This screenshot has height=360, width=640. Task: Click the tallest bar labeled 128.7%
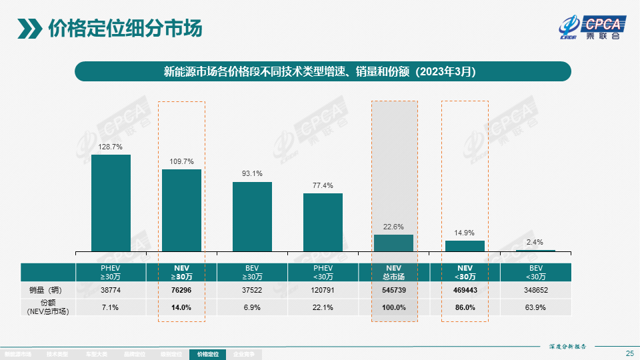111,203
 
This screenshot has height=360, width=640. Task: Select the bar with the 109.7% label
181,210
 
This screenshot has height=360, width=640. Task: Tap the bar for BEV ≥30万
252,217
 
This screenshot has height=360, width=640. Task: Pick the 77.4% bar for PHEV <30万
323,222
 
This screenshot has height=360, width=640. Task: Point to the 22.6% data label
393,227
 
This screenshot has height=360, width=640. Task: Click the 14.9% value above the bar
465,233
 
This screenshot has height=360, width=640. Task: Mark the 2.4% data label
535,242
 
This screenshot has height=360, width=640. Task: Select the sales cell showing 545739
394,290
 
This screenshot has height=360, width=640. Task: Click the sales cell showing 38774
111,290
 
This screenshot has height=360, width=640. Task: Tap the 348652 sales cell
535,290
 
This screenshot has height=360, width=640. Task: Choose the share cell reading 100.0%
394,307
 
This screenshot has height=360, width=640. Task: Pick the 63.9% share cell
535,307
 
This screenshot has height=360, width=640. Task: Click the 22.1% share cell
323,307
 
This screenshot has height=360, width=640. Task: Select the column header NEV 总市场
394,272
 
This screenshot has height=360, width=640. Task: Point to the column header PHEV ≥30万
111,272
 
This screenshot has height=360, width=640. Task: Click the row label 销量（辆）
48,290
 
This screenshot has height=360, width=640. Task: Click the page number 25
629,353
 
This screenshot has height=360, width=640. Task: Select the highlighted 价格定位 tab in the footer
208,355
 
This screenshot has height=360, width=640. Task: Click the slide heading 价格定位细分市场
125,29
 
